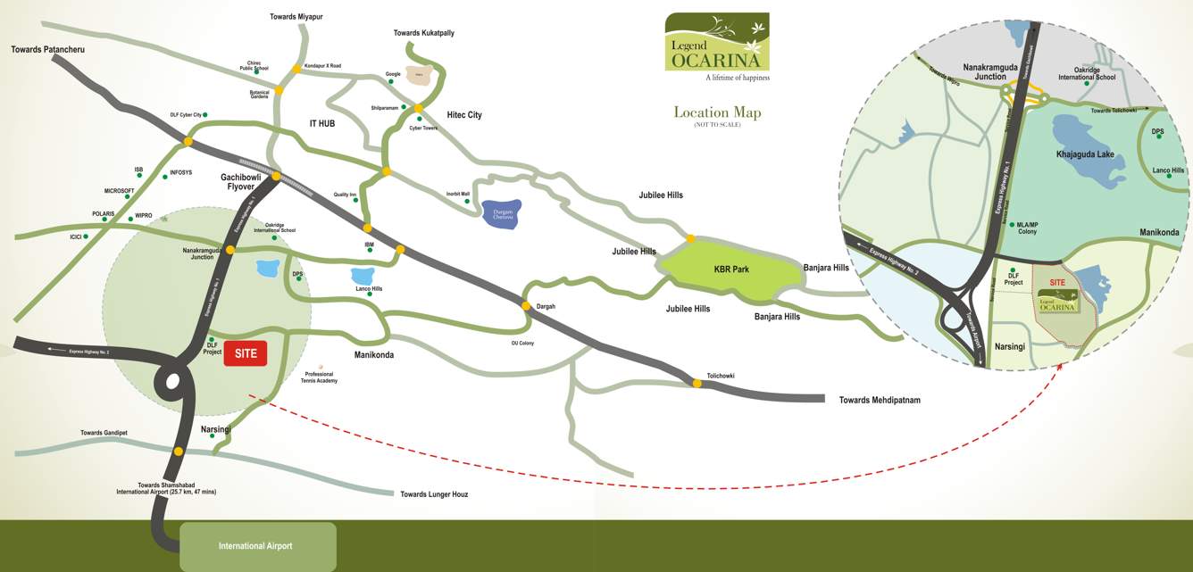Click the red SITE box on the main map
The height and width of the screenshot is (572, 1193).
click(246, 353)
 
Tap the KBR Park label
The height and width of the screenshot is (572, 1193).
click(730, 269)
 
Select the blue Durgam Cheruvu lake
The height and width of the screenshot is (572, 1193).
click(501, 214)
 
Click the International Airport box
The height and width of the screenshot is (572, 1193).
click(255, 546)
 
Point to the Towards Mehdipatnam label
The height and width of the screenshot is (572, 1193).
click(880, 401)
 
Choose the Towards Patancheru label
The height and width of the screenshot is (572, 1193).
click(47, 49)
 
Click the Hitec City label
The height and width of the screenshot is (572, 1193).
click(463, 115)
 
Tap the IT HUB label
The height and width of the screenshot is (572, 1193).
click(321, 123)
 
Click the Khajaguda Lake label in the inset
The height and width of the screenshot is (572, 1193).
click(1085, 154)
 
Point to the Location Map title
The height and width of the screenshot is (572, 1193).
click(717, 112)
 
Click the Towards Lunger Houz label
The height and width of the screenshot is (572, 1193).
click(434, 494)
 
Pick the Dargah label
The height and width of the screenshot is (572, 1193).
click(546, 307)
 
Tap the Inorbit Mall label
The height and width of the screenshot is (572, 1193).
click(458, 194)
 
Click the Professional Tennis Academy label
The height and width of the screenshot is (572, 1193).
click(320, 377)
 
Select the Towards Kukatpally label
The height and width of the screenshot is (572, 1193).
click(423, 33)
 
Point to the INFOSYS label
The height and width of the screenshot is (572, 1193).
click(180, 172)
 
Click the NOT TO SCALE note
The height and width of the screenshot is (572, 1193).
click(717, 125)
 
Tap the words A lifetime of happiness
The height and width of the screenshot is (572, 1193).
click(737, 79)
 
